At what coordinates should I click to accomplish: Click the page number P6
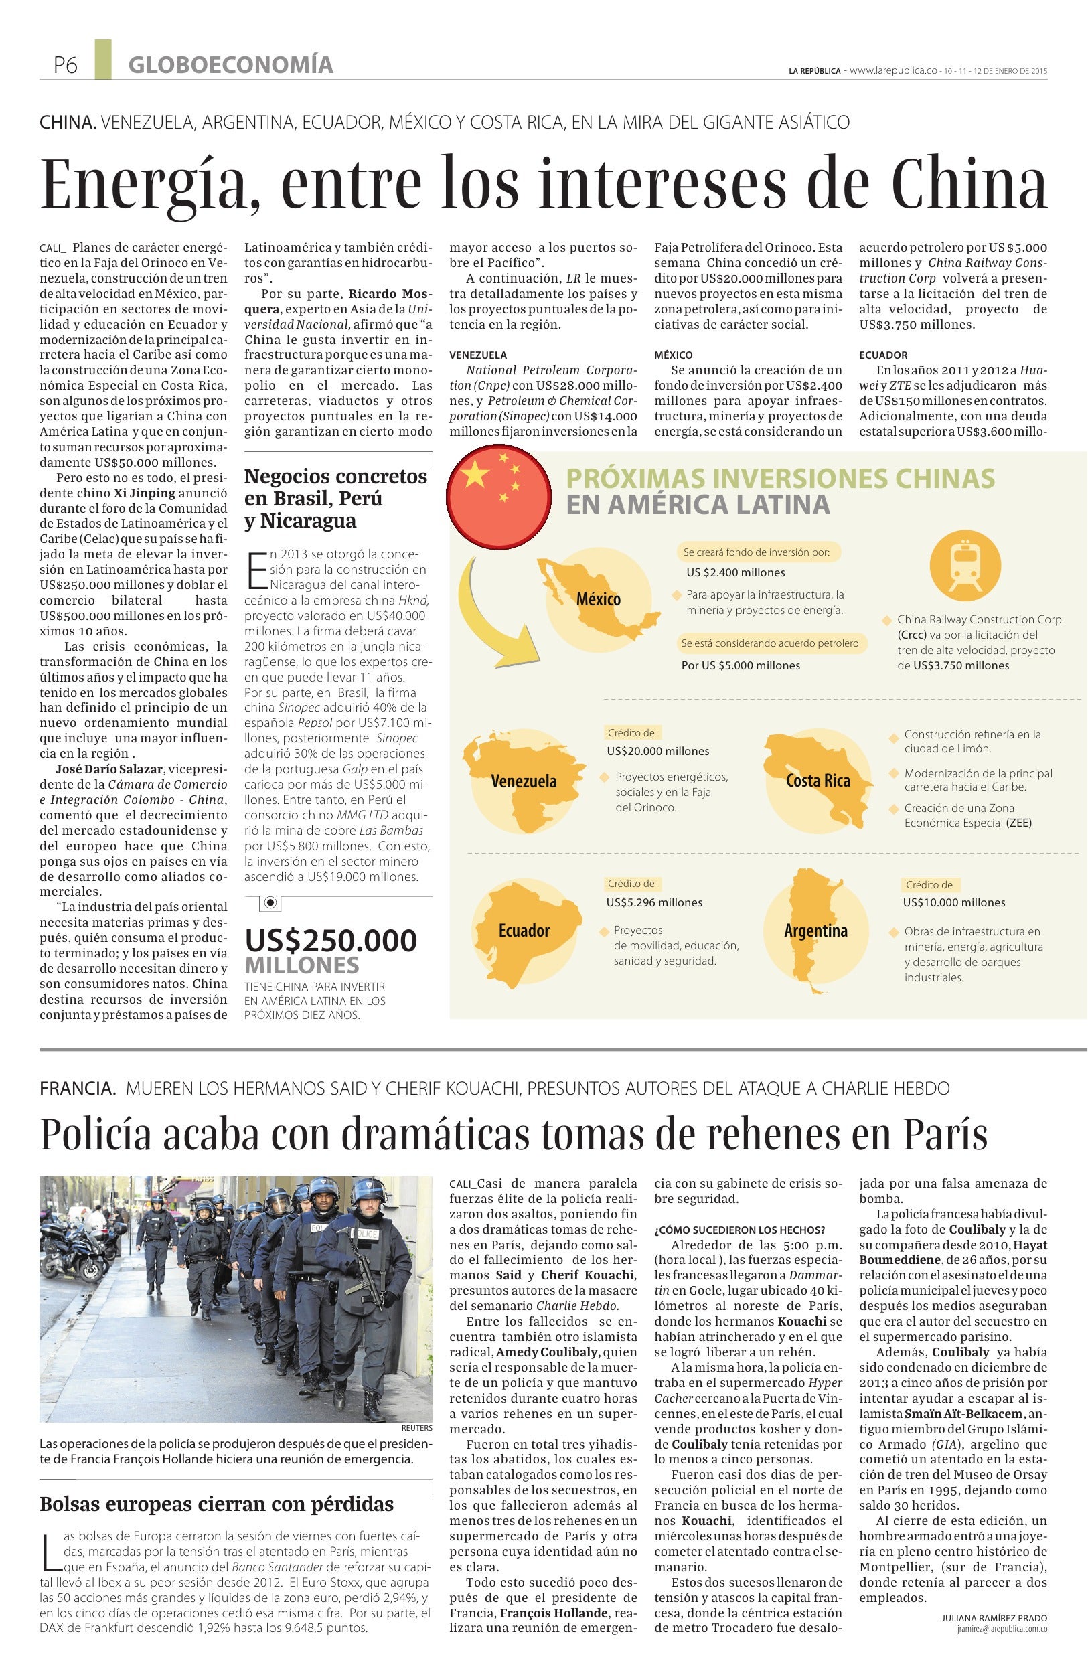[x=65, y=65]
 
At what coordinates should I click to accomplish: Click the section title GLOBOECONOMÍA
[x=230, y=65]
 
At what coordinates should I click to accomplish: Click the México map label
[x=598, y=599]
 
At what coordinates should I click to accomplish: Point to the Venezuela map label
[x=524, y=781]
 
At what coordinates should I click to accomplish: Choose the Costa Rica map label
[x=818, y=781]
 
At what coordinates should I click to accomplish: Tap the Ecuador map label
[x=524, y=931]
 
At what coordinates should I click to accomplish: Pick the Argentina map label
[x=815, y=931]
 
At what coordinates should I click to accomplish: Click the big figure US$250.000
[x=331, y=941]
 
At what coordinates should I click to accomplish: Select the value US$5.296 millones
[x=654, y=902]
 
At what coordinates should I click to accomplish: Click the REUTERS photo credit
[x=416, y=1429]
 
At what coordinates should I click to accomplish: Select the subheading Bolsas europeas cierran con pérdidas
[x=216, y=1504]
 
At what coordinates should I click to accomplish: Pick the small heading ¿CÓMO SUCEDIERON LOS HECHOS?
[x=739, y=1230]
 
